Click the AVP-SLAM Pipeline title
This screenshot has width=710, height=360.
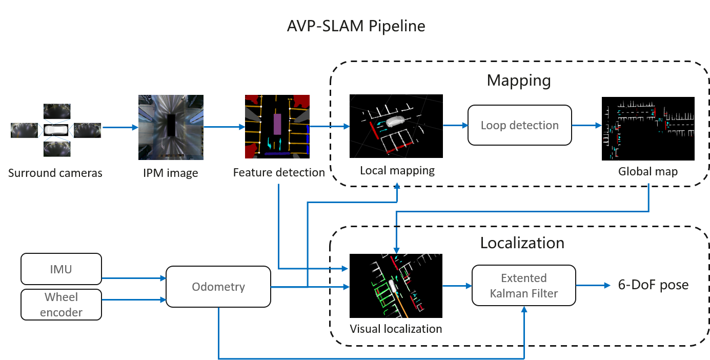click(x=356, y=26)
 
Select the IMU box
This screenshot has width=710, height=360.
click(x=61, y=269)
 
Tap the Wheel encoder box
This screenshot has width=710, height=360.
click(x=61, y=305)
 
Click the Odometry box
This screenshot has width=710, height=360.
click(x=218, y=287)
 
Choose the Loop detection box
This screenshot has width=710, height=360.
click(x=519, y=125)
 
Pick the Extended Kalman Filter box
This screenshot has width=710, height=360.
click(x=523, y=286)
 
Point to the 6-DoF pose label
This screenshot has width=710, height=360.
click(x=653, y=285)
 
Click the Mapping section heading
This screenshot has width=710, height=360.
click(x=518, y=81)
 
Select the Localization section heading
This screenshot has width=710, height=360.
click(x=522, y=243)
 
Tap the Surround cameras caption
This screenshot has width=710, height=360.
click(x=55, y=173)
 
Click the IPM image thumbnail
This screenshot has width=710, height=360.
click(x=171, y=127)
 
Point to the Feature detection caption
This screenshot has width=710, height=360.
click(x=279, y=172)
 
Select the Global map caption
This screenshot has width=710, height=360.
click(x=648, y=171)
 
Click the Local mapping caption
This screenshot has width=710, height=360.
click(x=397, y=170)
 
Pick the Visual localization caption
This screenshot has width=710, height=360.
click(x=396, y=328)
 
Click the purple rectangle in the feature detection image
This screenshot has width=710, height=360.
click(x=277, y=124)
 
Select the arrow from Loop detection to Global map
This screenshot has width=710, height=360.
click(x=587, y=125)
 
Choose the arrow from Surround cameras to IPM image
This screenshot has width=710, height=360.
click(x=120, y=127)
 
